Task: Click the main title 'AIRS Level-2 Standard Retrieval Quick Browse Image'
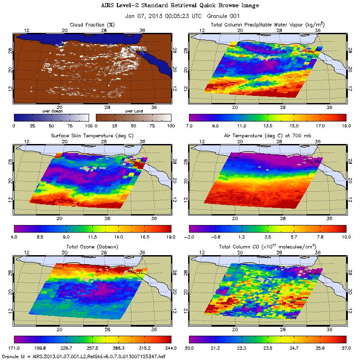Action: [180, 5]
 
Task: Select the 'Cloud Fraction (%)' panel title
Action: [93, 24]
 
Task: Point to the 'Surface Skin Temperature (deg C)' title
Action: [93, 135]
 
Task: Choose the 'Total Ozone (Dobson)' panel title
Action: [93, 247]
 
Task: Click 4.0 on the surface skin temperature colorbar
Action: [15, 236]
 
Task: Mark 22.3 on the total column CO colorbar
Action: [241, 347]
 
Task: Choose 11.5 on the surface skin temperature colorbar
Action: [93, 236]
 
